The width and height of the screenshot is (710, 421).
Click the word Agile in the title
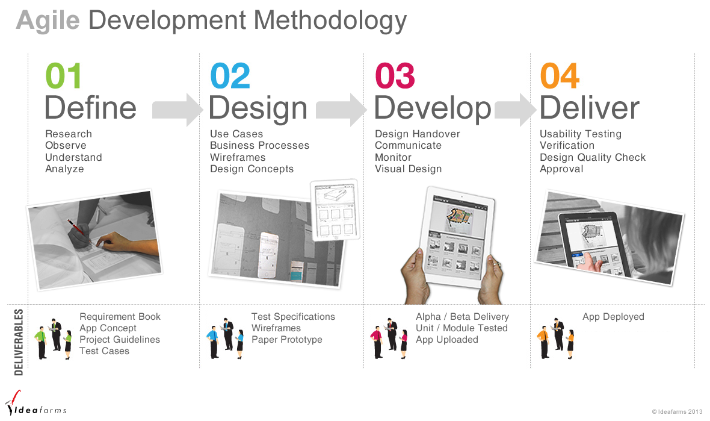coord(48,21)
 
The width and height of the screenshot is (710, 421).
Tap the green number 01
coord(63,76)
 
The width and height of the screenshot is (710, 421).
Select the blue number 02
coord(230,76)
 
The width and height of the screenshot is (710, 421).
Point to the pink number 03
coord(395,76)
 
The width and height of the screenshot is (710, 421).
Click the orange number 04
coord(560,76)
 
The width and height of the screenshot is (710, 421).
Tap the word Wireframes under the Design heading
coord(238,157)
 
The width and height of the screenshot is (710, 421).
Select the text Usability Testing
coord(581,134)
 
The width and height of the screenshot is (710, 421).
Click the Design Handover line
coord(418,134)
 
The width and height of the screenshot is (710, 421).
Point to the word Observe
coord(66,146)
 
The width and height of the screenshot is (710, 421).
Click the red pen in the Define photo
coord(76,226)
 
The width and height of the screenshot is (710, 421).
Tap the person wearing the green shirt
coord(42,343)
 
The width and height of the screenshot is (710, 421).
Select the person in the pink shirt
coord(376,343)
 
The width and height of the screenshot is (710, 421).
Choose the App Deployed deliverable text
coord(613,317)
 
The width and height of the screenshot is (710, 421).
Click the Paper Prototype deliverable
coord(286,340)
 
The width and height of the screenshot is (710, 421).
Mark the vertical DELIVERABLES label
coord(19,342)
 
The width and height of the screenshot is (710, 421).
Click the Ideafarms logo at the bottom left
coord(35,404)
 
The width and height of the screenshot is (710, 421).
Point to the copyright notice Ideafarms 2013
coord(677,411)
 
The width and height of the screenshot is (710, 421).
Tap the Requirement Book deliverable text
coord(120,317)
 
